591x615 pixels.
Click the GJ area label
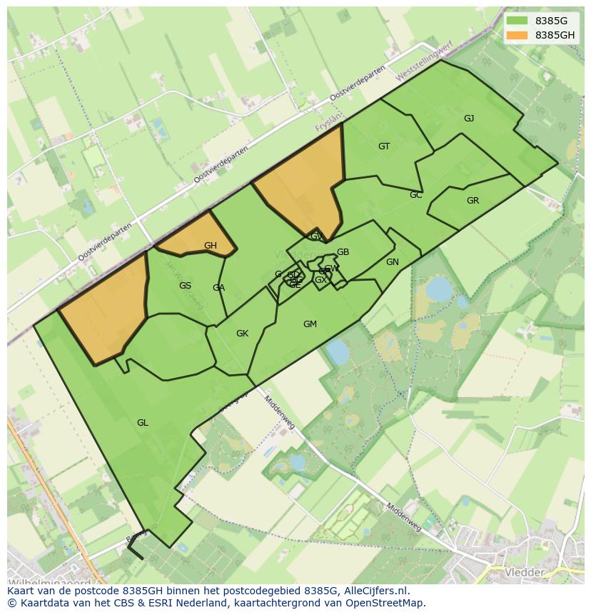469,119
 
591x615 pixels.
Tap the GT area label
384,146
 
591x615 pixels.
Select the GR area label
473,201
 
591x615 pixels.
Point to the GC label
416,195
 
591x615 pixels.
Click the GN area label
392,262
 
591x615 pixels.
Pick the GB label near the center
343,252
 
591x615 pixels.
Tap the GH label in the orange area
210,246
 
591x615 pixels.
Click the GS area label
185,286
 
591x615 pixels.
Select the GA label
218,288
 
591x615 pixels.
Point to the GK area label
242,334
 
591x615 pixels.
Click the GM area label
310,324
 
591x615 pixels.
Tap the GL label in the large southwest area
143,423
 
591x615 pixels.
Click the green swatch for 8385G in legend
517,21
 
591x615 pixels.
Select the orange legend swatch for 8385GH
517,35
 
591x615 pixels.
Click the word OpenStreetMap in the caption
388,603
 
